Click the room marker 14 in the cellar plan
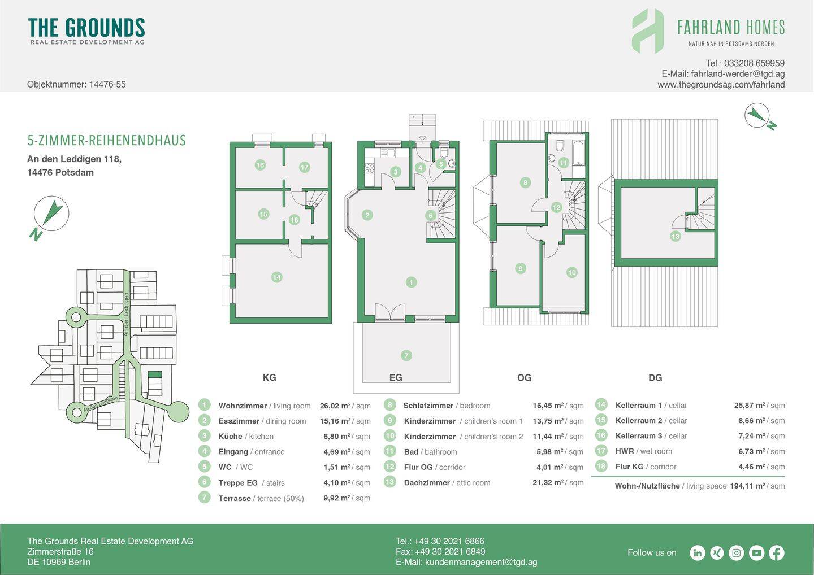click(x=276, y=277)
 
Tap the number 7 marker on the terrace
click(x=406, y=355)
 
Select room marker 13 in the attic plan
click(x=675, y=237)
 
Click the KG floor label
click(x=269, y=377)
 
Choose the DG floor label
click(x=655, y=378)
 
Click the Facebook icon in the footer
click(x=777, y=553)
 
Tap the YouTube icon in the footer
click(x=756, y=553)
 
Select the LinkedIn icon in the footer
click(x=698, y=553)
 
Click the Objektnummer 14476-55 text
click(x=76, y=85)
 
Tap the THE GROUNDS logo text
click(x=86, y=28)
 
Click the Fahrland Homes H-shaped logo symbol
click(x=648, y=31)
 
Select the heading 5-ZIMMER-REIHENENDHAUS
click(x=106, y=141)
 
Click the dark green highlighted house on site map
click(x=155, y=374)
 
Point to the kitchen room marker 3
click(x=395, y=172)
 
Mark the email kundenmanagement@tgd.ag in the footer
click(x=481, y=562)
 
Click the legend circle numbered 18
click(x=601, y=467)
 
